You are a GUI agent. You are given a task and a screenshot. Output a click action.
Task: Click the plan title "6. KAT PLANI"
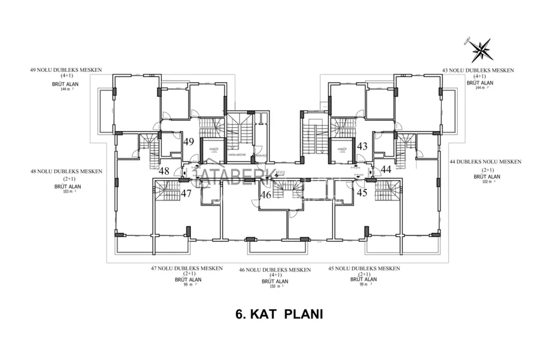270,314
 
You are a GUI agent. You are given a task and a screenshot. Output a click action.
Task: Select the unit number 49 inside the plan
189,142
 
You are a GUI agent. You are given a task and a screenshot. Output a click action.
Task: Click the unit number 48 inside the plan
164,171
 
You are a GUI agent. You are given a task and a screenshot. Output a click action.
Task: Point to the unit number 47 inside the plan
186,194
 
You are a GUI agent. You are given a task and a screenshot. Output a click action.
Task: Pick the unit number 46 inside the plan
265,195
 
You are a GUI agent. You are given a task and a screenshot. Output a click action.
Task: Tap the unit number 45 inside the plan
362,192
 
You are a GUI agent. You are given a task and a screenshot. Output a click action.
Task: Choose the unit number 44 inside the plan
386,170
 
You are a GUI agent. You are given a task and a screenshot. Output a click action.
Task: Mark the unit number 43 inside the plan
362,146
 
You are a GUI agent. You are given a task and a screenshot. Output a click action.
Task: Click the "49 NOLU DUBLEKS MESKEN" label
66,70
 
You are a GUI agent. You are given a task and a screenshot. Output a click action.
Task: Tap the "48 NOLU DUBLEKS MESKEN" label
66,171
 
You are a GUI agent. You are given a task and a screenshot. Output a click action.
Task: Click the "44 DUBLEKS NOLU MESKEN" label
488,162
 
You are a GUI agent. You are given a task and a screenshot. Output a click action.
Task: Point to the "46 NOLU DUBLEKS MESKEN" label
275,270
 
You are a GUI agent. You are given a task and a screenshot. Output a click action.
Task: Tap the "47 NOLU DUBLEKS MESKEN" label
186,268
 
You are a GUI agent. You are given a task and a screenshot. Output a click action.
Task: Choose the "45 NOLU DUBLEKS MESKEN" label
363,268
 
